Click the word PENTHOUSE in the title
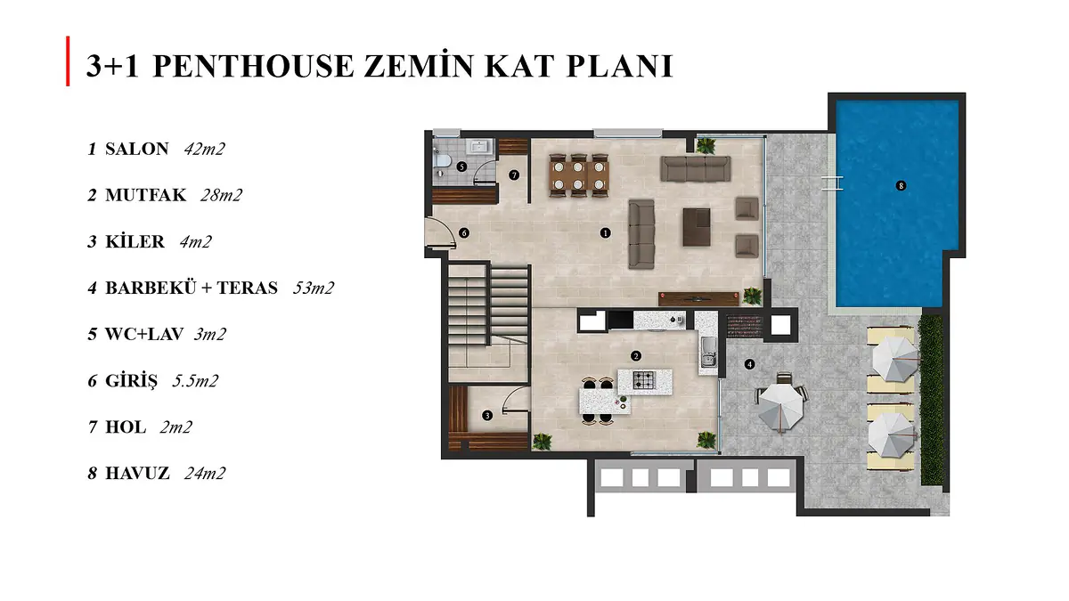click(x=254, y=66)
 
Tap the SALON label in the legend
click(x=137, y=149)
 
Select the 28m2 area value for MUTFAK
click(x=221, y=195)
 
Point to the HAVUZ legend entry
click(x=137, y=473)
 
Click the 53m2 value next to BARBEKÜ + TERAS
click(x=313, y=288)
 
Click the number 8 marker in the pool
click(x=901, y=185)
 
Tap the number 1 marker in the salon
click(x=605, y=233)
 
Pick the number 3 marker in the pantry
click(x=486, y=416)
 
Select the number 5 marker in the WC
click(x=461, y=166)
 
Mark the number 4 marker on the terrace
click(x=749, y=364)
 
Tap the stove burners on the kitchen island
click(x=644, y=380)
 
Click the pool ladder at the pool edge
click(x=833, y=183)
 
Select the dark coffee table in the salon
click(x=697, y=227)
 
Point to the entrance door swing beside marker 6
click(x=441, y=232)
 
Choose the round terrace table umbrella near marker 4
click(x=781, y=407)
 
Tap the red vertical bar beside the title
click(x=68, y=61)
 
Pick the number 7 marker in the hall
click(x=513, y=175)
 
